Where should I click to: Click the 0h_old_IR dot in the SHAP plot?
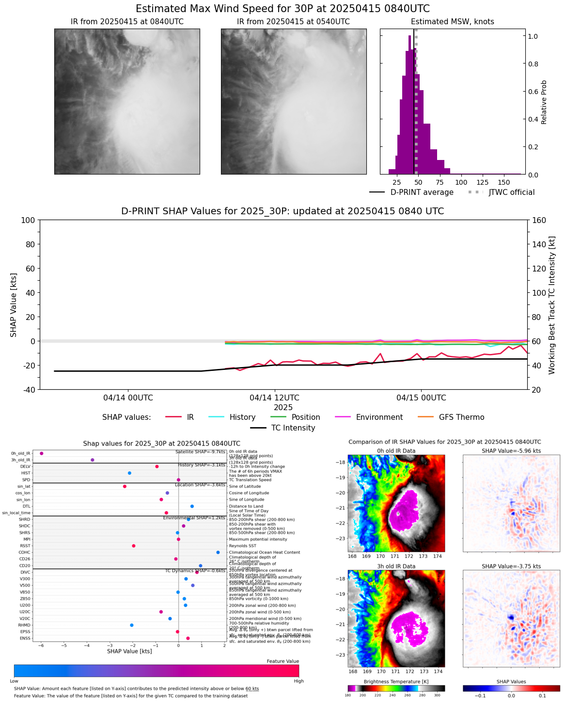(42, 453)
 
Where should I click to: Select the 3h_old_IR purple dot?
(93, 460)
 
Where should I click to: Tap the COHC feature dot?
(218, 552)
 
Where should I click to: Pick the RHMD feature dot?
(132, 625)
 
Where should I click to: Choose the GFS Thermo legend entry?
(461, 417)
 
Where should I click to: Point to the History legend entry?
(242, 417)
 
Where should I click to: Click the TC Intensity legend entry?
(293, 428)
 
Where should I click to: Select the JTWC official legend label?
(511, 192)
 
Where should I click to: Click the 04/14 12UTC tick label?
(274, 398)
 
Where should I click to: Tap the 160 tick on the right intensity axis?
(540, 220)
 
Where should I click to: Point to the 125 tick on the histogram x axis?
(483, 182)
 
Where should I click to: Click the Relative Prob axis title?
(544, 102)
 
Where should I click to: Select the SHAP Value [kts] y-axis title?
(14, 304)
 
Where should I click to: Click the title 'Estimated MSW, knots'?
(452, 22)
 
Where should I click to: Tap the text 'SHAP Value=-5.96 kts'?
(511, 451)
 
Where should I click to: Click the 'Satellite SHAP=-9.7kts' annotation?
(200, 452)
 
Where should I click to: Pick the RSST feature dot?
(134, 546)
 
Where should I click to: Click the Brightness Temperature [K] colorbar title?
(396, 682)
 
